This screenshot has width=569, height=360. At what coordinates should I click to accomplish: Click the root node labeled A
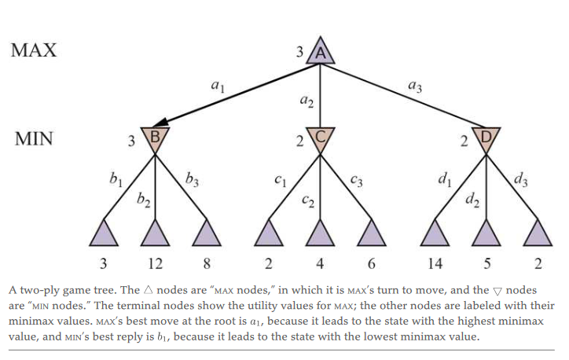tap(320, 53)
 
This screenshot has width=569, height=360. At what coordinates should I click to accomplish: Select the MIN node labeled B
tap(155, 138)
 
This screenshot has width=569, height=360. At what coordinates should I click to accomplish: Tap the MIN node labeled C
tap(320, 138)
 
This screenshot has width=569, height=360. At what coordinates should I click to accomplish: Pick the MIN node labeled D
tap(486, 138)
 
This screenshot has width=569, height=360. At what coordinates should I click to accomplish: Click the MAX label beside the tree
tap(34, 50)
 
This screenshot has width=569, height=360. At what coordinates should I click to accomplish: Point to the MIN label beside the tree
tap(34, 138)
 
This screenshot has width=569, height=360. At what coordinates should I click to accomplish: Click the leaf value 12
tap(156, 263)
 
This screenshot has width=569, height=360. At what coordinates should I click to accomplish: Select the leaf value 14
tap(435, 263)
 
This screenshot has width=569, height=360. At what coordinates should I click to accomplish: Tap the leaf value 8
tap(207, 263)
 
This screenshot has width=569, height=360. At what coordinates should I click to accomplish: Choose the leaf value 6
tap(371, 263)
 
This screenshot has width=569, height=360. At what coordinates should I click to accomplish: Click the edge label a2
tap(307, 101)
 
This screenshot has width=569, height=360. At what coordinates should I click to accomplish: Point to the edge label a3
tap(415, 86)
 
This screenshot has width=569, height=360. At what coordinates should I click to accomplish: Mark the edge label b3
tap(192, 179)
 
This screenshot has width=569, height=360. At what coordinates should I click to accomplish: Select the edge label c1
tap(280, 180)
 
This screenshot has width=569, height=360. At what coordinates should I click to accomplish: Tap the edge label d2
tap(472, 200)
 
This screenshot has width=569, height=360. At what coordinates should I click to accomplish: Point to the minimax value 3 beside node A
tap(299, 52)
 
